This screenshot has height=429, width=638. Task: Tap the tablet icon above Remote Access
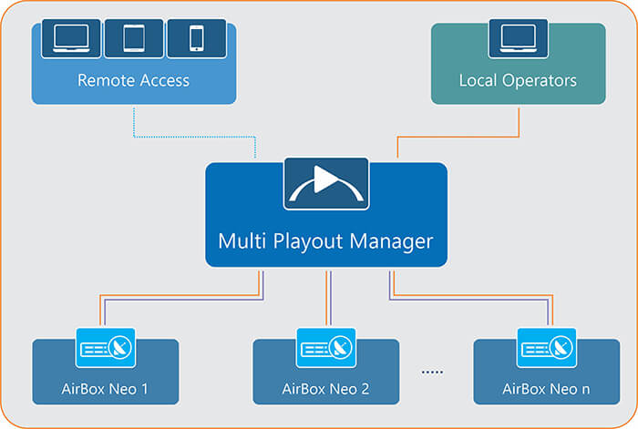(133, 37)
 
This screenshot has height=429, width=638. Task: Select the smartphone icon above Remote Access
(197, 37)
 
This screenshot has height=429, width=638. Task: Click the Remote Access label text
(133, 80)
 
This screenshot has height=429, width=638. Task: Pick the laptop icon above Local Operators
(518, 37)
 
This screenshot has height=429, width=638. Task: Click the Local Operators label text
(518, 80)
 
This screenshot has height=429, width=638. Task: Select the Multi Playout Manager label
(325, 241)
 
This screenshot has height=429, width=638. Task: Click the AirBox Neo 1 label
(105, 389)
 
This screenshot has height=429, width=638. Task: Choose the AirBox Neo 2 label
(325, 389)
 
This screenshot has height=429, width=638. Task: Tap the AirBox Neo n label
(546, 389)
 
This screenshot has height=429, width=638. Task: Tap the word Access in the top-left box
(164, 80)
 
